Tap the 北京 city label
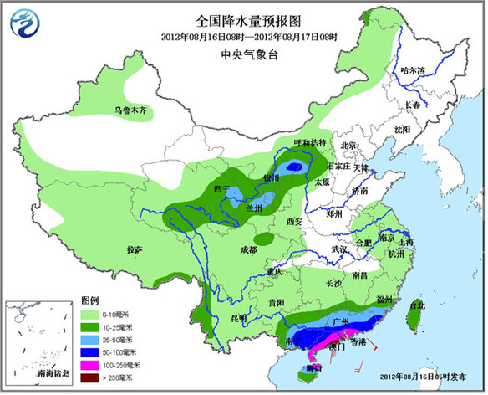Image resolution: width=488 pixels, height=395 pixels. pyautogui.click(x=350, y=146)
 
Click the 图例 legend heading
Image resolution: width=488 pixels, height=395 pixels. pyautogui.click(x=91, y=300)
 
